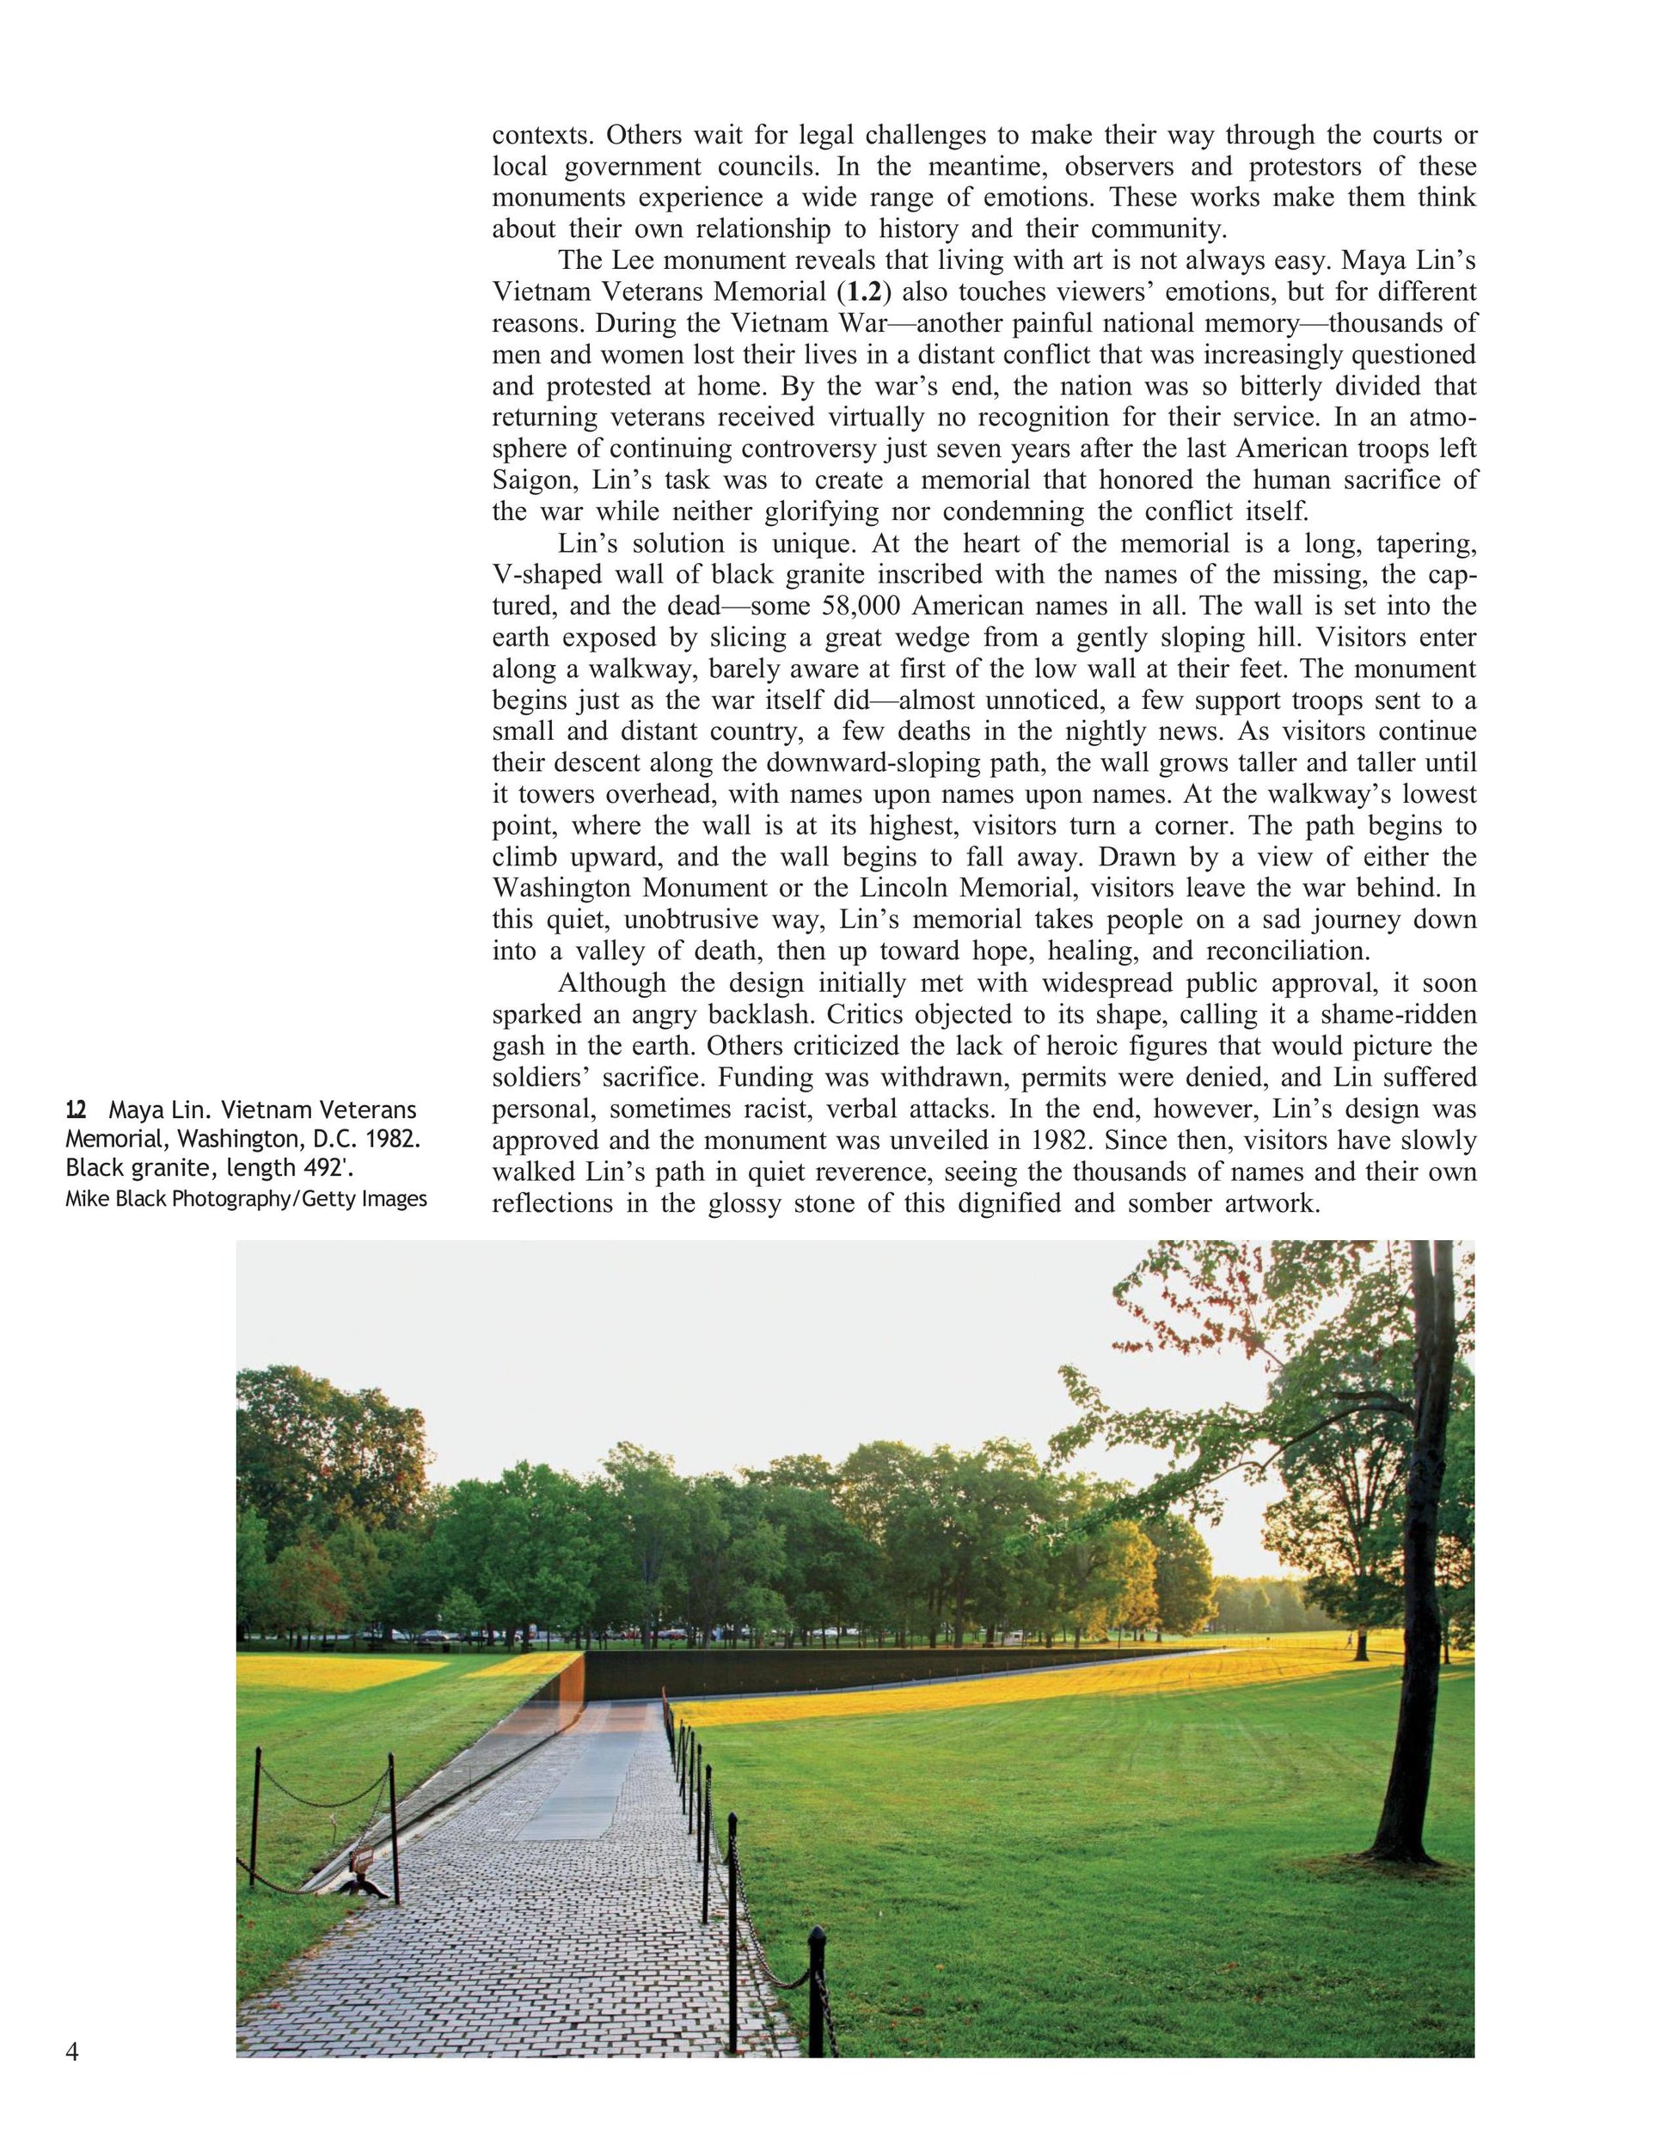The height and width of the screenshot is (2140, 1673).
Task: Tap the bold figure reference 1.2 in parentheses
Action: click(866, 293)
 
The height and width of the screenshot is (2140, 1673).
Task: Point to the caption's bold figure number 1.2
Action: click(76, 1110)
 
